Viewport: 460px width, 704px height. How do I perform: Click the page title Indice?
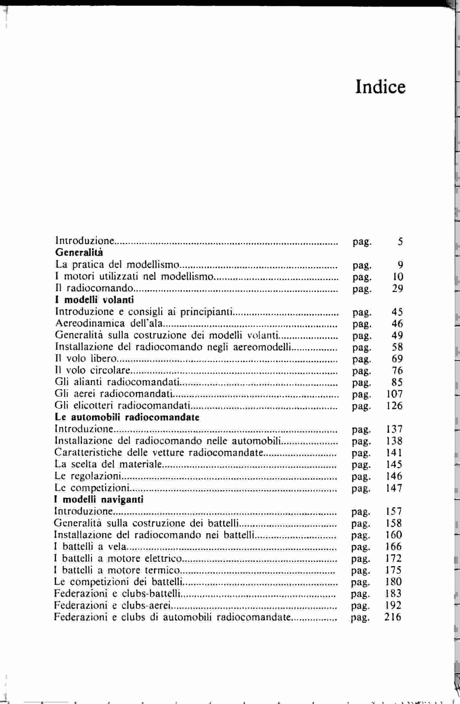point(380,87)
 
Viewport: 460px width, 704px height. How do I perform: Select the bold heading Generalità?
point(79,253)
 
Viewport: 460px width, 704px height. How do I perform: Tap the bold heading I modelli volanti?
point(94,300)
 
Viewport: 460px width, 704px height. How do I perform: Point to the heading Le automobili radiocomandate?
point(127,417)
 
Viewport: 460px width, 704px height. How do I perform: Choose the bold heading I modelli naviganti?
point(99,500)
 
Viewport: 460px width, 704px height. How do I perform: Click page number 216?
point(393,617)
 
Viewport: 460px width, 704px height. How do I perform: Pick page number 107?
point(394,394)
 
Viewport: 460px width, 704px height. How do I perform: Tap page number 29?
point(397,288)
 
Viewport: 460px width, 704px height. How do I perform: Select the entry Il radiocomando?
point(94,288)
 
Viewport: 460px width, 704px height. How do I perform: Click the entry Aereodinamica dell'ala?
point(109,323)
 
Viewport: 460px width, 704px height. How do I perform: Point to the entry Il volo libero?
point(86,358)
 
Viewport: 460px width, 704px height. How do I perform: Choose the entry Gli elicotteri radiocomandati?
point(122,406)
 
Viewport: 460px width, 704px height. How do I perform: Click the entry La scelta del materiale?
point(108,464)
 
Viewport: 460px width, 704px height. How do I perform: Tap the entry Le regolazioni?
point(88,476)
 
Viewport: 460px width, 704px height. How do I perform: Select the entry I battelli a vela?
point(90,546)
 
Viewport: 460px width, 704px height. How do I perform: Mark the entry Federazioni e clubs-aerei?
point(112,605)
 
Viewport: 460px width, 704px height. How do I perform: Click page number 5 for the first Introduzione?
point(400,241)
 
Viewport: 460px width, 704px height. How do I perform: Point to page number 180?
point(393,582)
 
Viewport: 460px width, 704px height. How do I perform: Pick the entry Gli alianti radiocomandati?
point(117,382)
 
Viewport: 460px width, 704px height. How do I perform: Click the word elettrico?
point(163,558)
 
